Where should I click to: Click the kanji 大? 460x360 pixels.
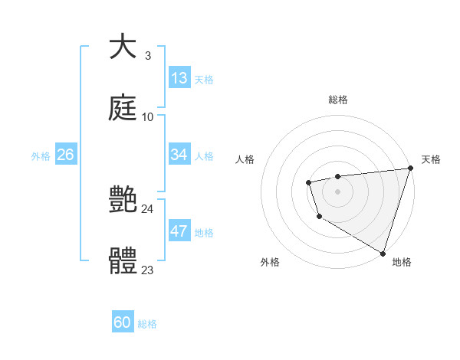coord(123,47)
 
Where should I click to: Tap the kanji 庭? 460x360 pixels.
coord(123,109)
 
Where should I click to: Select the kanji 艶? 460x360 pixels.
coord(123,201)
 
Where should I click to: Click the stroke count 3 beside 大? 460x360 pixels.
coord(147,56)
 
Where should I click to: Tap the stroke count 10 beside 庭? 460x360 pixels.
coord(148,117)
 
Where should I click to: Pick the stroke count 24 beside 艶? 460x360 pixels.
coord(148,209)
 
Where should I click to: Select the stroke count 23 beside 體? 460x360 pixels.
coord(148,270)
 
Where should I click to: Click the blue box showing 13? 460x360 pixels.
coord(179,78)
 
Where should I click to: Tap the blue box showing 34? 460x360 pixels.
coord(179,155)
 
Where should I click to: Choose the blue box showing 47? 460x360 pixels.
coord(179,231)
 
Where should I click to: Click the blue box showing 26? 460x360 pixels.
coord(65,155)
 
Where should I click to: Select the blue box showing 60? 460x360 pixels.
coord(123,323)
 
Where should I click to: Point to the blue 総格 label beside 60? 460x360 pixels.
coord(147,324)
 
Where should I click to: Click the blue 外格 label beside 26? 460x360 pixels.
coord(41,155)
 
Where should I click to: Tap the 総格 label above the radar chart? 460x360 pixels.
coord(338,100)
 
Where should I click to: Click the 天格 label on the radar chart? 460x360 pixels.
coord(431,159)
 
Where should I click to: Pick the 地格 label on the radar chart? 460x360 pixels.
coord(402,262)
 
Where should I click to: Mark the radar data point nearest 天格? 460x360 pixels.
coord(409,169)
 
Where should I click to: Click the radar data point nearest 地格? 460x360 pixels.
coord(383,253)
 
